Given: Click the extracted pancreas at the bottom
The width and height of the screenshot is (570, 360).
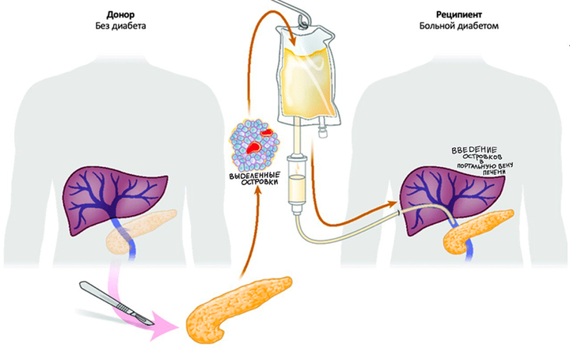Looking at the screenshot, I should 237,308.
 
